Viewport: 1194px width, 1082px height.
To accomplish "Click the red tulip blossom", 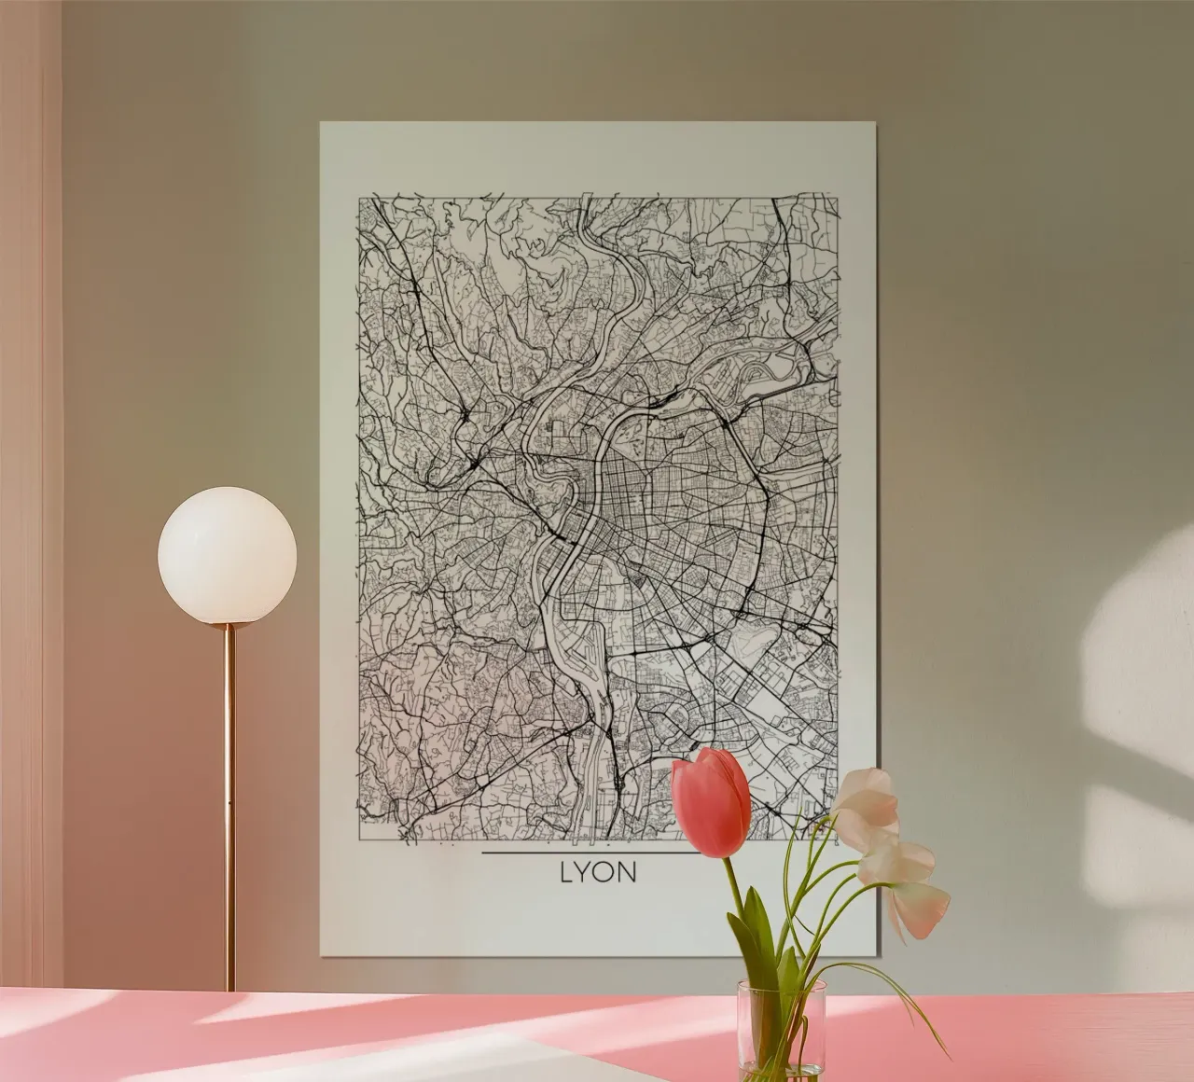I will (x=712, y=802).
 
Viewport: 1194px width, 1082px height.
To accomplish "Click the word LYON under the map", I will (x=598, y=873).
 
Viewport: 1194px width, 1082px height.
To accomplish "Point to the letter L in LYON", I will (x=566, y=873).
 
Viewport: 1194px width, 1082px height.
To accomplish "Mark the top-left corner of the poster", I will (x=321, y=122).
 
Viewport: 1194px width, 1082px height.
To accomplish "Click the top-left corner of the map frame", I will (x=361, y=197).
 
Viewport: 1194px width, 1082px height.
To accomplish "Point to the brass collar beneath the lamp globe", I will (x=229, y=628).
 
